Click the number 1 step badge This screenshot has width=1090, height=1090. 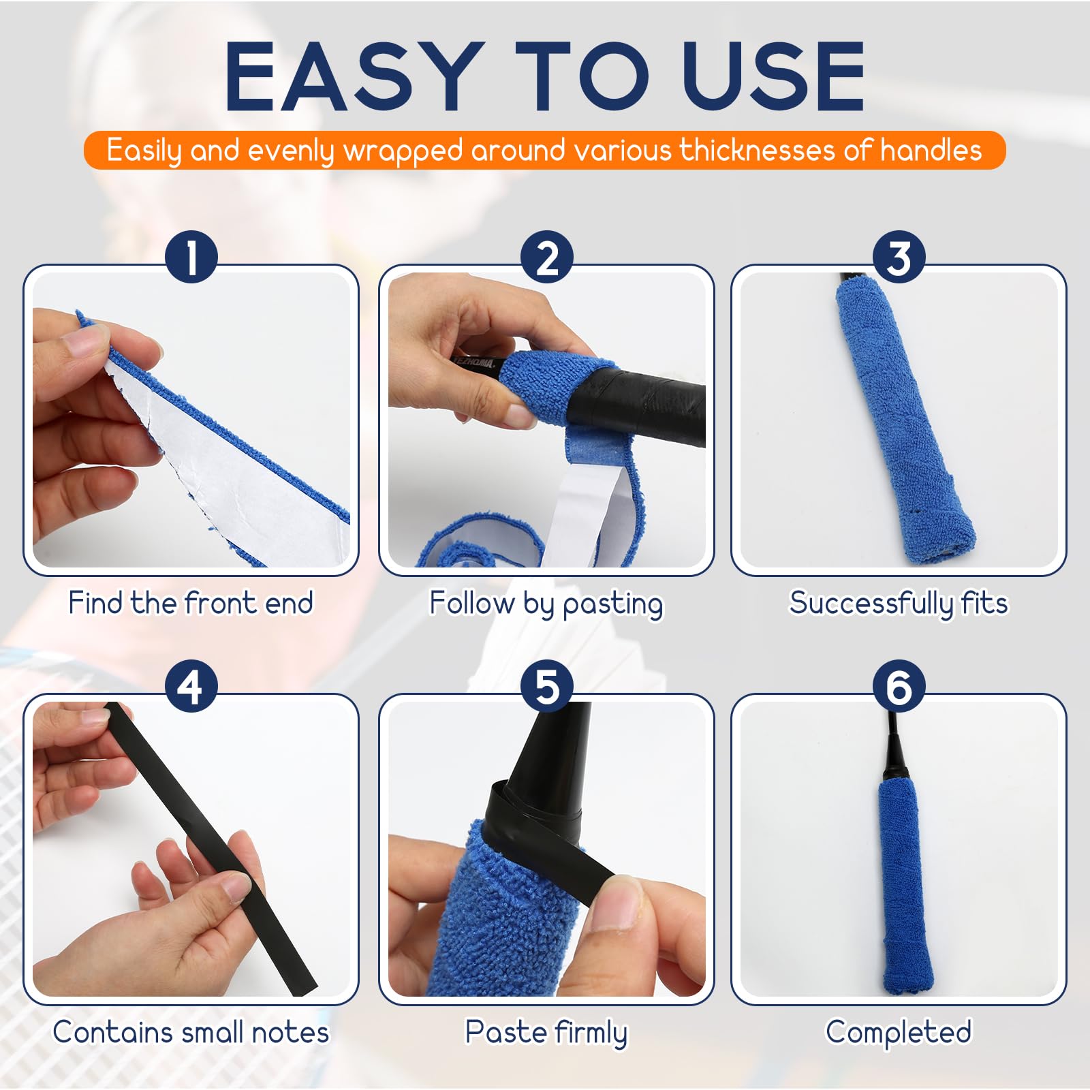point(191,257)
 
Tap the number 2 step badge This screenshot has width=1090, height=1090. point(547,257)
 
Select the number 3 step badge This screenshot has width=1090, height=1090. point(899,257)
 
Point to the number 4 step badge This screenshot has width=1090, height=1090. point(191,686)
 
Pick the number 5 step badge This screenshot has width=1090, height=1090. point(547,686)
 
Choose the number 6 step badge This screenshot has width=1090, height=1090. point(899,686)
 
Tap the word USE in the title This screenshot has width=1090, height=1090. point(774,76)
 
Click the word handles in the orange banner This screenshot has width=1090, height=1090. point(931,150)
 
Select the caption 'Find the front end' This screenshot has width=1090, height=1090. point(191,603)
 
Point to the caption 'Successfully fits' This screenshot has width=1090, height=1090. point(899,604)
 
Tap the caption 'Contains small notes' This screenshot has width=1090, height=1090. point(191,1032)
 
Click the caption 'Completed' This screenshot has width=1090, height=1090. point(899,1033)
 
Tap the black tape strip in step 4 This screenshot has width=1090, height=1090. point(211,848)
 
